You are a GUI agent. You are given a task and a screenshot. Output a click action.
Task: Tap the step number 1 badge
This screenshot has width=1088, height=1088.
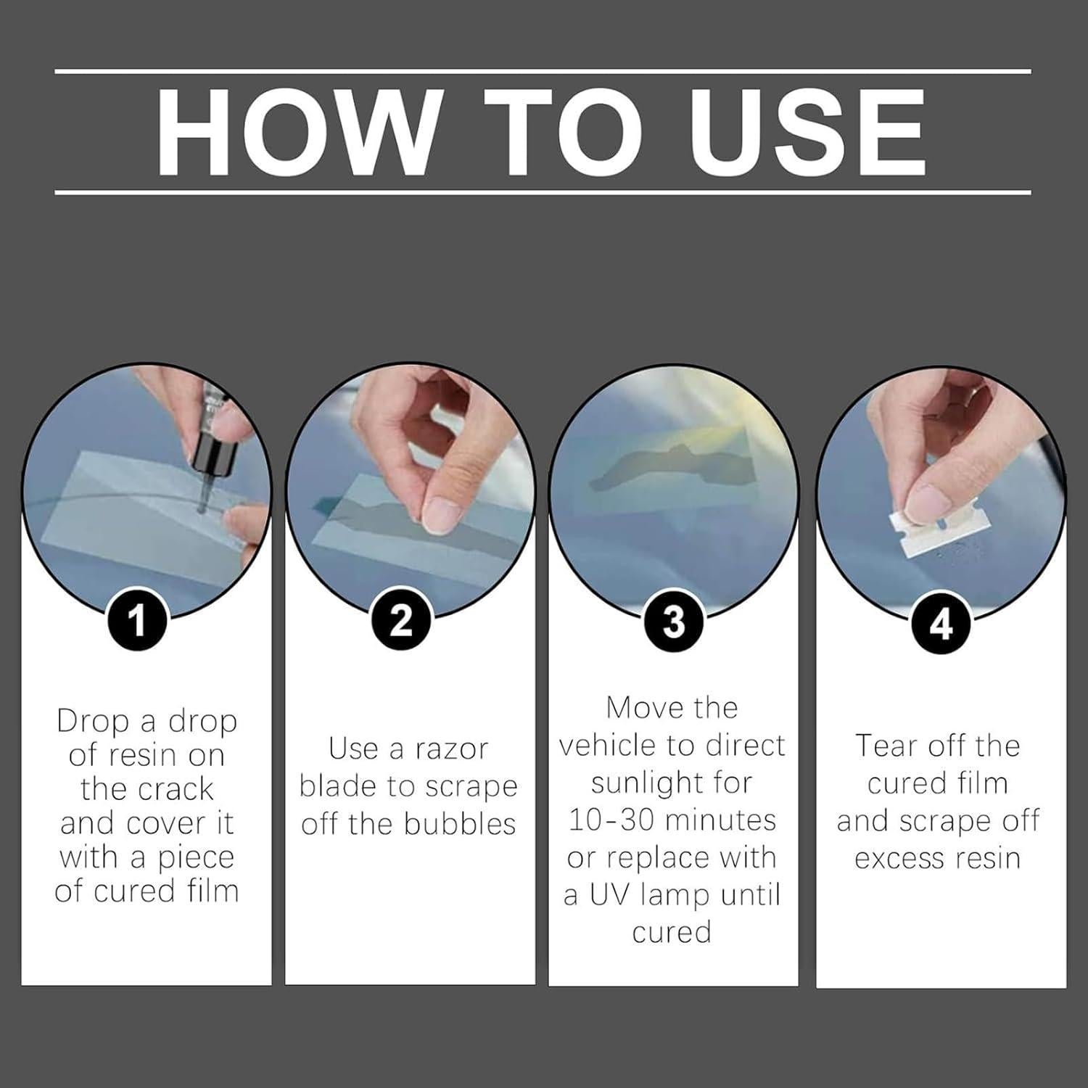click(137, 622)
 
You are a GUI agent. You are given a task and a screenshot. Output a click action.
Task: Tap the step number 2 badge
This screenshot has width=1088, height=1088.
click(401, 622)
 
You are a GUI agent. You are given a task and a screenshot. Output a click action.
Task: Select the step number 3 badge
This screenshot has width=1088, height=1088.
click(674, 622)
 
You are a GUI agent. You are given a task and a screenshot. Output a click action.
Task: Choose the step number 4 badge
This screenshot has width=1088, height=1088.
click(941, 624)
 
